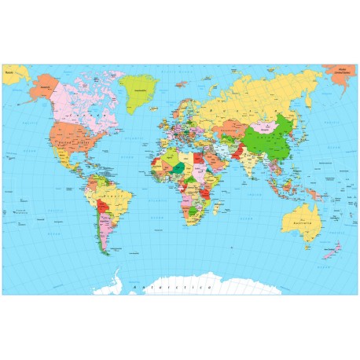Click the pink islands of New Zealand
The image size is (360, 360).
(x=334, y=249)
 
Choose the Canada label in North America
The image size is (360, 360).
(x=79, y=102)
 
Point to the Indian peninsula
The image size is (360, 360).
(x=247, y=164)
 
